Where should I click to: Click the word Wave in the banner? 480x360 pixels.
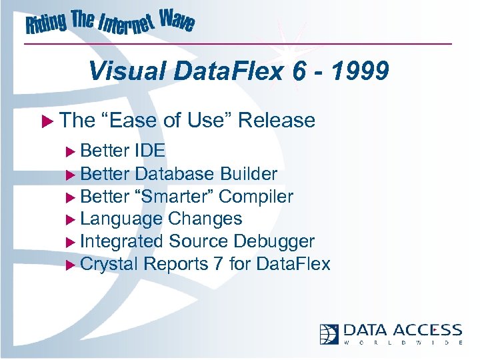click(x=177, y=22)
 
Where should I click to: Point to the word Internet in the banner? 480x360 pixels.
click(x=126, y=25)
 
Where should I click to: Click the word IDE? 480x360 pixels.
click(x=149, y=151)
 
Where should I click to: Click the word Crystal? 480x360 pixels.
click(x=109, y=264)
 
